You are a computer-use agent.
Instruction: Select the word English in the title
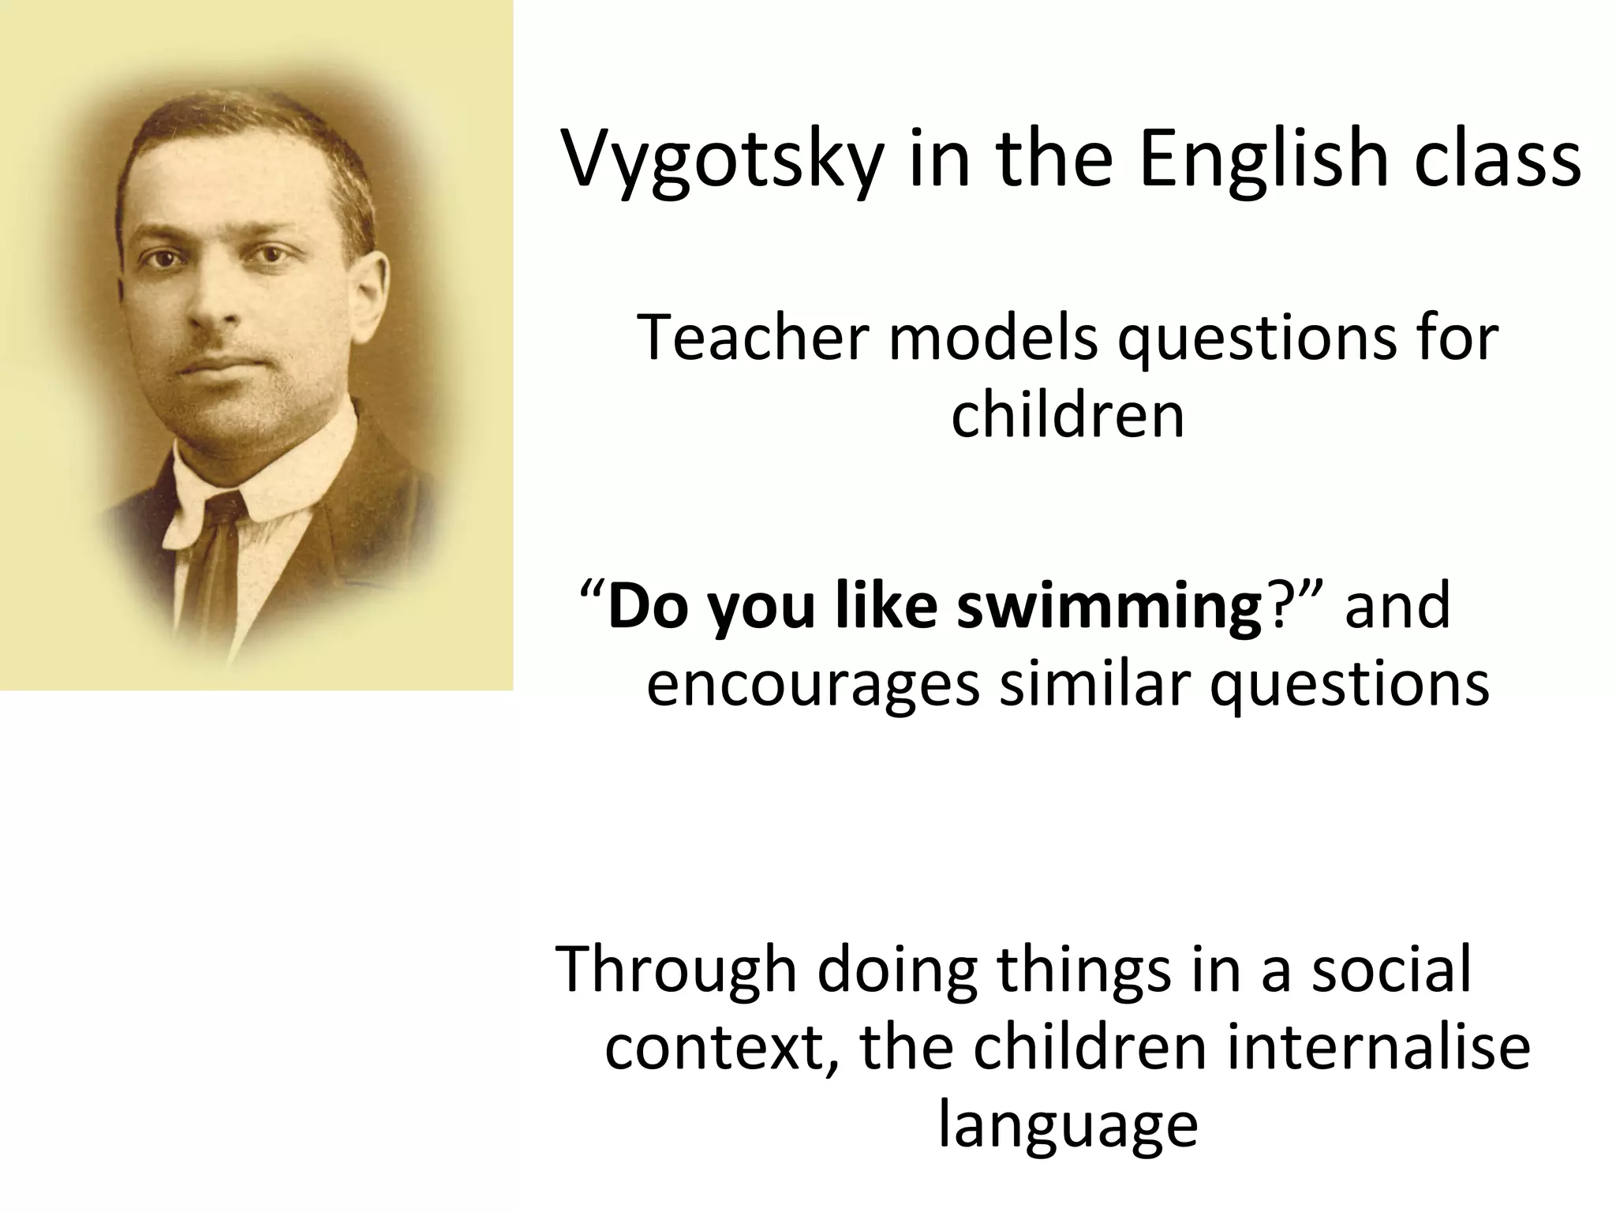[x=1262, y=162]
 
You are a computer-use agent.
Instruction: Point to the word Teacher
[x=752, y=338]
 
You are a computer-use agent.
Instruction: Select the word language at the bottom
[x=1068, y=1127]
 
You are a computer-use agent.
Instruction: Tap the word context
[x=721, y=1048]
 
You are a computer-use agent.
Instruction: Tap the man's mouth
[x=215, y=365]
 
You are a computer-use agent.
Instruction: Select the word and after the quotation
[x=1397, y=606]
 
